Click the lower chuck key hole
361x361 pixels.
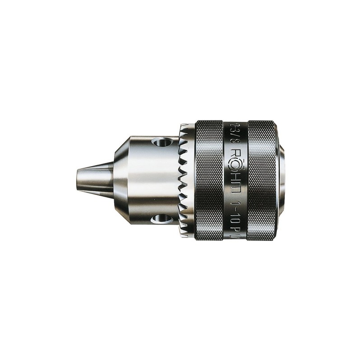(x=162, y=219)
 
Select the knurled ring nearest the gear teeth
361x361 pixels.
(x=208, y=180)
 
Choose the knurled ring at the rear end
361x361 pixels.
(x=261, y=180)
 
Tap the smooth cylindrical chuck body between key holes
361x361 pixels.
(x=149, y=180)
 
